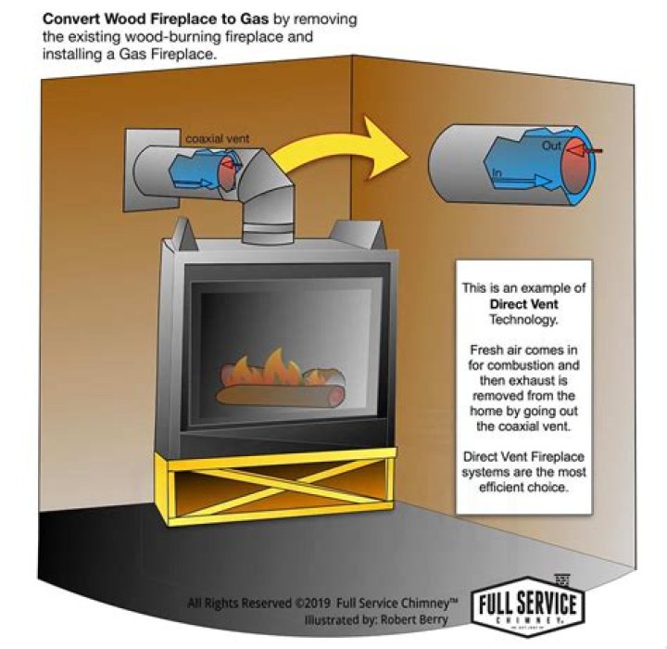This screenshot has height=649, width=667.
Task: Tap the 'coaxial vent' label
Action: [x=217, y=139]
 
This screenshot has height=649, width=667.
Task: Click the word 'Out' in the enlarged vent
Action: [x=549, y=146]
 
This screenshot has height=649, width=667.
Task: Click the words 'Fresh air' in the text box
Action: [x=491, y=353]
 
